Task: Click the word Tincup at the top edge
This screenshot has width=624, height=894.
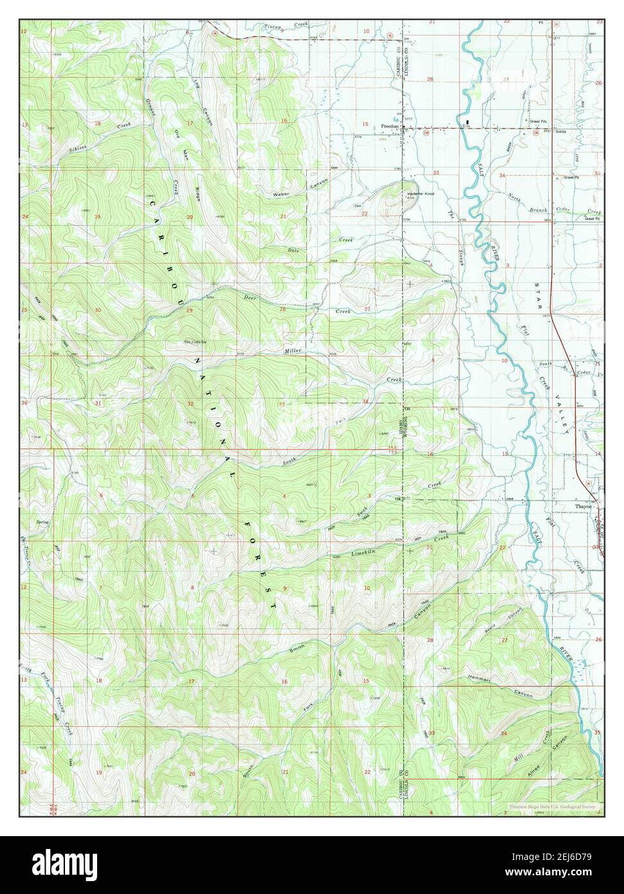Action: coord(275,26)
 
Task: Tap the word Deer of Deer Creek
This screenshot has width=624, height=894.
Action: coord(250,298)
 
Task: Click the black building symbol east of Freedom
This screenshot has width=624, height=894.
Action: coord(468,121)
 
